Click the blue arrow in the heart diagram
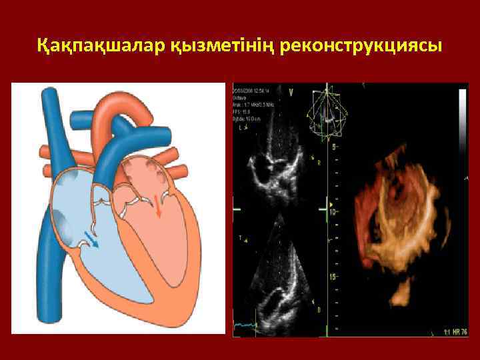91,239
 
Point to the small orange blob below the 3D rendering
400,293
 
